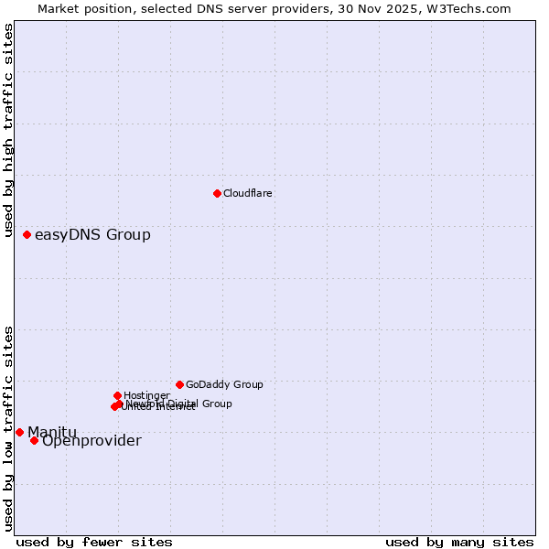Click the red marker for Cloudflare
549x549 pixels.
point(217,193)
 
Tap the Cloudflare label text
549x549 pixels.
point(248,193)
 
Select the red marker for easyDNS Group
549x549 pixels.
point(27,235)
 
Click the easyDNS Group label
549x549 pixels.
point(92,235)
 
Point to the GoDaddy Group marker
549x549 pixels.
point(179,384)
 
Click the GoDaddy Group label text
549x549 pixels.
point(224,384)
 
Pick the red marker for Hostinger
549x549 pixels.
point(117,395)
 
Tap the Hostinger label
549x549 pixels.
point(146,395)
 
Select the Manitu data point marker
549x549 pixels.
point(19,432)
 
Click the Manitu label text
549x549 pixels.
point(52,432)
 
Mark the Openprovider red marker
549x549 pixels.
point(34,441)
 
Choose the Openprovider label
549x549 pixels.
point(91,441)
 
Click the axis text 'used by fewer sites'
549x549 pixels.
point(94,542)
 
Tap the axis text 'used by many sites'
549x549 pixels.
point(459,542)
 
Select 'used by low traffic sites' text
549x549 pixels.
point(9,428)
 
